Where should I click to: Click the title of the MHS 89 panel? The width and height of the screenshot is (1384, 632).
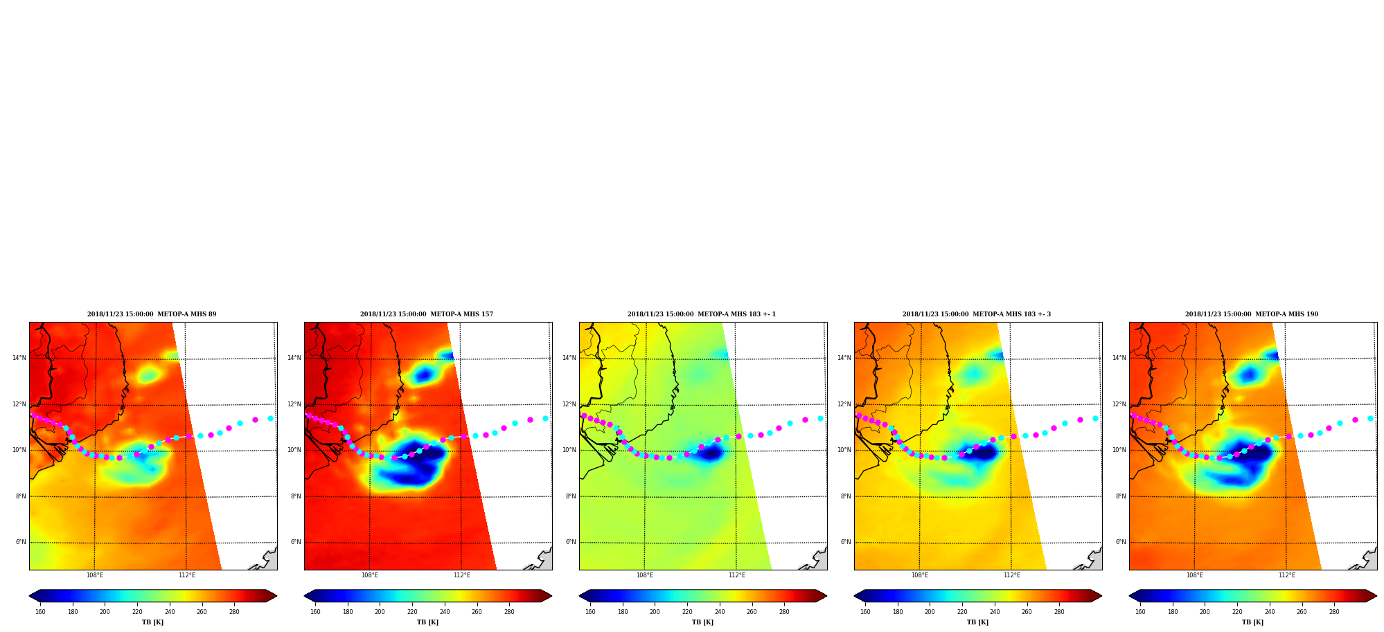coord(152,314)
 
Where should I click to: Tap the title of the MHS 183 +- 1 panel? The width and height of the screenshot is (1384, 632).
coord(702,314)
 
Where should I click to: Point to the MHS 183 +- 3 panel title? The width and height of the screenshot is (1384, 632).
coord(977,314)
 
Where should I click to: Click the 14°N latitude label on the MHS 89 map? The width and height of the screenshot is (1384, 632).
coord(19,358)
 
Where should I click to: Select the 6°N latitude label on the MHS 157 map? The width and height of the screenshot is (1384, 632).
coord(296,542)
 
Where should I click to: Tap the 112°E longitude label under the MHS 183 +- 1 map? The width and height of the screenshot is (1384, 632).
coord(737,575)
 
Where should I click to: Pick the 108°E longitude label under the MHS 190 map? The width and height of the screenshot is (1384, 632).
coord(1195,575)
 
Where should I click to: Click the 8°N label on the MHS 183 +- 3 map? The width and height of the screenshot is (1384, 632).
coord(846,496)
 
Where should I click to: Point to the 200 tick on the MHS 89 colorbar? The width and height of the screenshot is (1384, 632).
coord(105,611)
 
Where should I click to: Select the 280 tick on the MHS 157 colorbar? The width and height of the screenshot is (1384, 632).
coord(509,611)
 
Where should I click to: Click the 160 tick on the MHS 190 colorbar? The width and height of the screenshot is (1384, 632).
coord(1140,611)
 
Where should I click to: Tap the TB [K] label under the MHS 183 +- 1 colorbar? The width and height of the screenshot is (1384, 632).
coord(703,622)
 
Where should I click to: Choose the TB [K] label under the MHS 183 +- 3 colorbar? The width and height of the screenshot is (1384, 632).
coord(978,622)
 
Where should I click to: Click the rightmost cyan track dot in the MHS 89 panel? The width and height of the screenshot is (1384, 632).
coord(270,418)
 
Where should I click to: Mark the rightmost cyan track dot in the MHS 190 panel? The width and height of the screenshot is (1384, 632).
coord(1370,418)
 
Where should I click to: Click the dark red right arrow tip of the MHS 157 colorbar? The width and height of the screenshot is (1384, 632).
coord(551,595)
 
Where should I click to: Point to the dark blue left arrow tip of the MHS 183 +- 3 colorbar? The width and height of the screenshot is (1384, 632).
coord(855,595)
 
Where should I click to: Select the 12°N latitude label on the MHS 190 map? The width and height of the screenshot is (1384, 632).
coord(1119,404)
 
